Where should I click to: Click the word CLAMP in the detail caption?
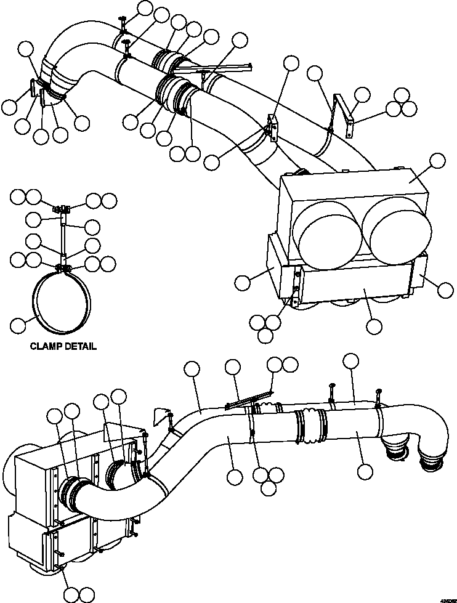pyautogui.click(x=46, y=346)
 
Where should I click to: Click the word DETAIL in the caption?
pyautogui.click(x=80, y=346)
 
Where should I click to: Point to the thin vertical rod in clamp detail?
pyautogui.click(x=64, y=237)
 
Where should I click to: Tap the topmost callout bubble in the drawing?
pyautogui.click(x=145, y=8)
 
